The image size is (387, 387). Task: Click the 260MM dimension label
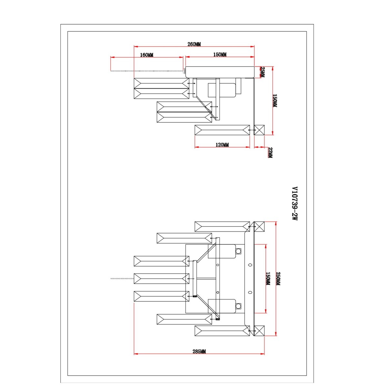194,44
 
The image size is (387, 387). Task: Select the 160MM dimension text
147,55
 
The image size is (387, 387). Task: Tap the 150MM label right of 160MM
220,55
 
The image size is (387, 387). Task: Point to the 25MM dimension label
263,72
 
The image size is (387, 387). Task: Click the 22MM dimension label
270,153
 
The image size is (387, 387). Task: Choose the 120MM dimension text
222,144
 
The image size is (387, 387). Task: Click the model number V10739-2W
294,203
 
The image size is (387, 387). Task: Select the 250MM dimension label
278,279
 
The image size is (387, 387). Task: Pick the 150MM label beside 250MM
268,279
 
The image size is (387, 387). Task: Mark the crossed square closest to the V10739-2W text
259,226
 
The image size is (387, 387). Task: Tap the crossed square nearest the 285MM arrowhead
259,331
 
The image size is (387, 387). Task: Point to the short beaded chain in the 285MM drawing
122,279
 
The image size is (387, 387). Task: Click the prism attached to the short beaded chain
162,279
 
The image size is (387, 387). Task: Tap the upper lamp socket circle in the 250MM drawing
238,251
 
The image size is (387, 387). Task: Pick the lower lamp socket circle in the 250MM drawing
238,306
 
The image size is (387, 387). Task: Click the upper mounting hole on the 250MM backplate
250,265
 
